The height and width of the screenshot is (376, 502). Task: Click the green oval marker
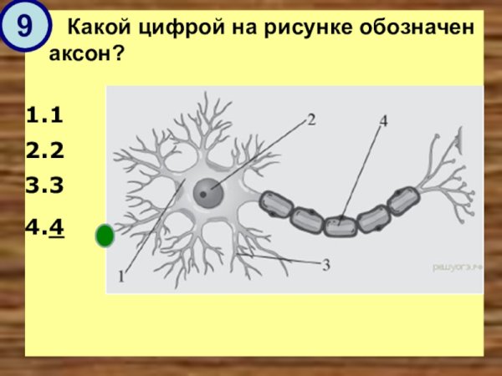(105, 236)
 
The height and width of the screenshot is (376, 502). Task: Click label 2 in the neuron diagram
(310, 119)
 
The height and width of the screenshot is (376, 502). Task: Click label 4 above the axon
(383, 120)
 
